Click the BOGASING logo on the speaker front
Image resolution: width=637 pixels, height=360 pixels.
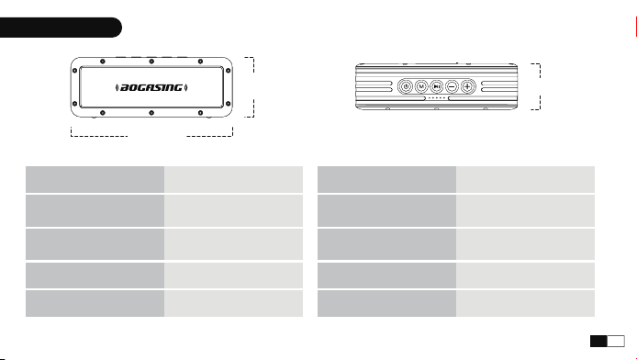click(x=151, y=87)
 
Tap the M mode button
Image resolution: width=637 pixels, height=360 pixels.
click(x=421, y=86)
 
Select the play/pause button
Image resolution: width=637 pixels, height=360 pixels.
click(x=437, y=86)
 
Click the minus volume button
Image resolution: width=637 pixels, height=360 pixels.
click(x=453, y=86)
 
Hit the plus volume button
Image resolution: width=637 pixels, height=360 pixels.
click(x=467, y=86)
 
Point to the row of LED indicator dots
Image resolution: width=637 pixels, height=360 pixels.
click(x=437, y=98)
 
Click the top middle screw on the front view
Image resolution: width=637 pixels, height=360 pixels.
click(x=151, y=62)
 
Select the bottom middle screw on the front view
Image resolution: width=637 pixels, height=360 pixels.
click(x=151, y=113)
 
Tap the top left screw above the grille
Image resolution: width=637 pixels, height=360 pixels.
click(x=103, y=62)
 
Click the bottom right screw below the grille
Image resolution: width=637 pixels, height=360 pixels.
click(x=200, y=113)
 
